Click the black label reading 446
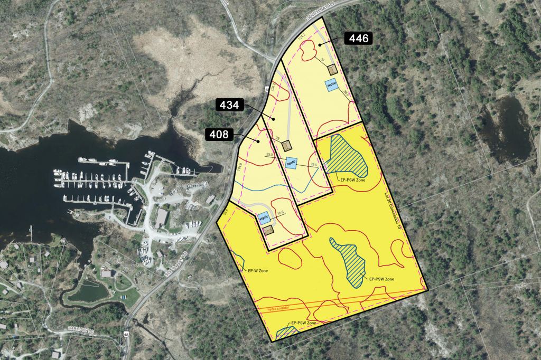tap(359, 39)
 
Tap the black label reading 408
tap(218, 135)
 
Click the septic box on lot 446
tap(332, 84)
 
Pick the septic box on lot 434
tap(291, 163)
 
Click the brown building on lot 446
tap(332, 70)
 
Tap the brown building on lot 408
tap(269, 229)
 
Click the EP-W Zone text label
tap(257, 271)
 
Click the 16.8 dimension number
tap(281, 213)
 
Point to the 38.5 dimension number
tap(346, 92)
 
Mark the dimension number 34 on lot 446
tap(322, 60)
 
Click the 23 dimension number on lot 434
tap(277, 138)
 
